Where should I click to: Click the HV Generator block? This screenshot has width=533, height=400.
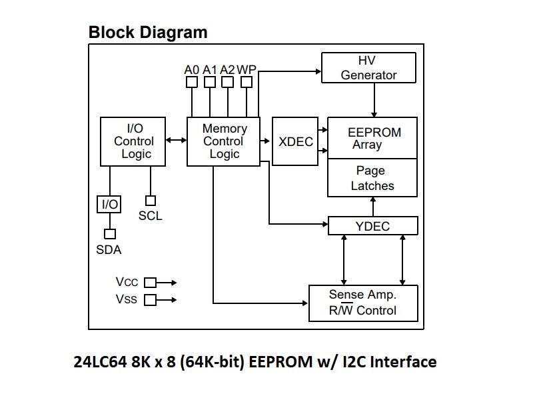[368, 68]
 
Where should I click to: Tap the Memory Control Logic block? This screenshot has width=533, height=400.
[224, 141]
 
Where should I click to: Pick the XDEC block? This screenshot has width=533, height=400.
[295, 141]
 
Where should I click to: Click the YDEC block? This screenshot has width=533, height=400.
[372, 226]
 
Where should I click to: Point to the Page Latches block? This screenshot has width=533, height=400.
[372, 178]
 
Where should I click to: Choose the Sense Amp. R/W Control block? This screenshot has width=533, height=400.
[362, 303]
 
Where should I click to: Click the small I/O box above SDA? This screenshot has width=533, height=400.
[109, 204]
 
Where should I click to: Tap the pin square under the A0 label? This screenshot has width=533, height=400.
[192, 82]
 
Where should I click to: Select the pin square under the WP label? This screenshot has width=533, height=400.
[247, 82]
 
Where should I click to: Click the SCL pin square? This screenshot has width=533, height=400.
[151, 201]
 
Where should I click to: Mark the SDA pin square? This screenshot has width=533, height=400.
[109, 234]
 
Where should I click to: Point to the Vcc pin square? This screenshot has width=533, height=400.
[150, 283]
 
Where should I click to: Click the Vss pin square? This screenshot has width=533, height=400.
[150, 300]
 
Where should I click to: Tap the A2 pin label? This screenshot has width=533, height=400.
[227, 69]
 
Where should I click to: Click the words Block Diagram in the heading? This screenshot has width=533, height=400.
[148, 32]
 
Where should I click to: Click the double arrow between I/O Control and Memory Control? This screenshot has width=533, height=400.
[177, 140]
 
